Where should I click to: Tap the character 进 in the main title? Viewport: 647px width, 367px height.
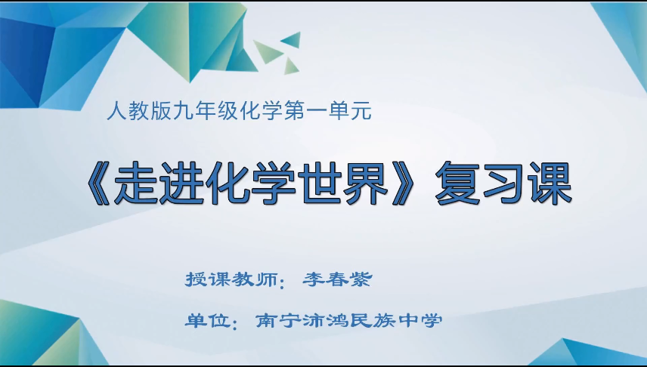click(x=179, y=183)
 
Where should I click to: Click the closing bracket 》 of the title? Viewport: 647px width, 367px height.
click(x=404, y=183)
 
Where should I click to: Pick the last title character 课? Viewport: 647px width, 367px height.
click(x=546, y=183)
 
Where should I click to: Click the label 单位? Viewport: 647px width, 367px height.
click(x=206, y=320)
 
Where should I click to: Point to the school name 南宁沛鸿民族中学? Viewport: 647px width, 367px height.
click(x=348, y=320)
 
